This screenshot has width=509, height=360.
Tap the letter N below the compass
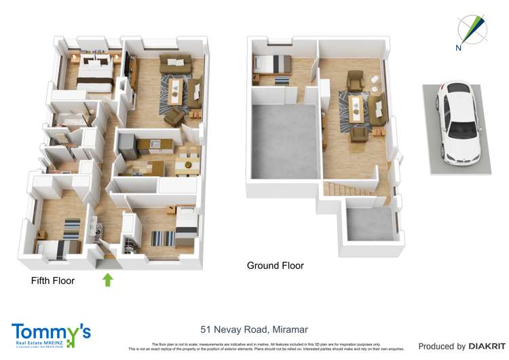459,48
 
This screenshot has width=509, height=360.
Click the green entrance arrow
107,278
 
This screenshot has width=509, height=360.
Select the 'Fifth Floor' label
53,281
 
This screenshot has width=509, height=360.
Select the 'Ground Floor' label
275,266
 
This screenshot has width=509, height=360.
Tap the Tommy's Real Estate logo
51,335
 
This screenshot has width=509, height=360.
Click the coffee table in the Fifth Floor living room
176,89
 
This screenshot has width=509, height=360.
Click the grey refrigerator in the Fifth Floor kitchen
126,145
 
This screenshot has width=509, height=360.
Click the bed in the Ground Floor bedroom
272,65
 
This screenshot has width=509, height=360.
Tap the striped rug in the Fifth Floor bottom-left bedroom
72,229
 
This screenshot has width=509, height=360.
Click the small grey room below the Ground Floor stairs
370,224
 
